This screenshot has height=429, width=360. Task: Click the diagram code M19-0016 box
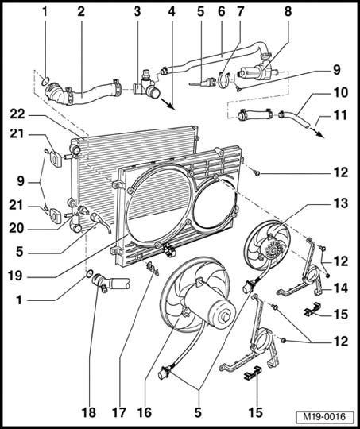tap(324, 417)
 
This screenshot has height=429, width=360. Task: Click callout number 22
tap(17, 114)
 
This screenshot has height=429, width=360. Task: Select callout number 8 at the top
tap(288, 11)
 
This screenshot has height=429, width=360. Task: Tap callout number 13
tap(341, 203)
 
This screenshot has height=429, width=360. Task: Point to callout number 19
tap(15, 276)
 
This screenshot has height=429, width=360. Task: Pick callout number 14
tap(341, 288)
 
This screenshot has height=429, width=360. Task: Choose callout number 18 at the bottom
tap(89, 412)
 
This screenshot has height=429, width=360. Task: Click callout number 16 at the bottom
tap(145, 412)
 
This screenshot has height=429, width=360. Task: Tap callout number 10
tap(341, 92)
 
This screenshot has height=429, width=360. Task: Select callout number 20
tap(17, 228)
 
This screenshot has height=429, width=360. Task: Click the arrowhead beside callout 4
tap(170, 106)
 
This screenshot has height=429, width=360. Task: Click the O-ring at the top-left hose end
tap(46, 80)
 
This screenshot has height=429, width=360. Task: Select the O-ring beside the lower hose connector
tap(90, 273)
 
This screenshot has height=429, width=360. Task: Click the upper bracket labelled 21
tap(56, 159)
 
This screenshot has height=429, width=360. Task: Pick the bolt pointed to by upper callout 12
tap(257, 173)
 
